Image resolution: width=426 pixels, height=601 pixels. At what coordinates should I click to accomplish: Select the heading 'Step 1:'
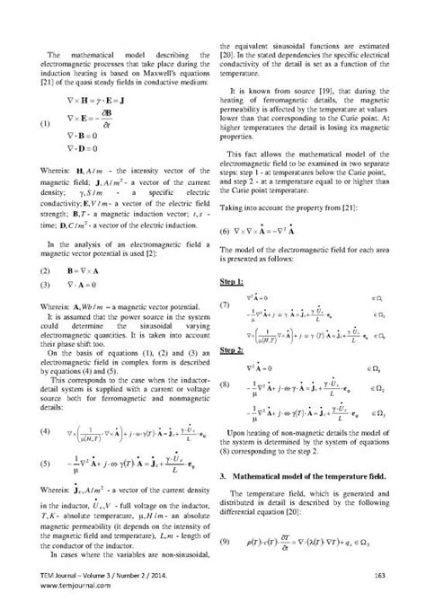point(234,282)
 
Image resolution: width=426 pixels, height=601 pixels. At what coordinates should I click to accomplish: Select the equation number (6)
point(227,230)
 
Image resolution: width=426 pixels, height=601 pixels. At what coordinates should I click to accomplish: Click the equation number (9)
point(228,543)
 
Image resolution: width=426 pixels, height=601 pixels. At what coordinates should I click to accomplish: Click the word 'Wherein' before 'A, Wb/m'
point(57,307)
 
